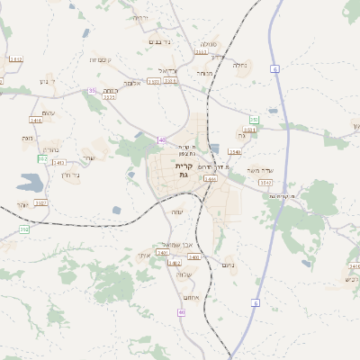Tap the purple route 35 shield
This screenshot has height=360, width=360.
coord(92,90)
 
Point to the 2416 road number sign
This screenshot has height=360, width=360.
coord(36,120)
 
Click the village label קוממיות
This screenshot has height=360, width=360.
coord(98,60)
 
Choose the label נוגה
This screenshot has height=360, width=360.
coord(27,138)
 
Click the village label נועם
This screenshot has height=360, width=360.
coord(228,265)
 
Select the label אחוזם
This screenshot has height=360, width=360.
coord(190,297)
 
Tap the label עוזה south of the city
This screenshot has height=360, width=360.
coord(177,212)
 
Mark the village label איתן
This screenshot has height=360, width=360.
coord(144,256)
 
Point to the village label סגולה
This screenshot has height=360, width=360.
coord(208,43)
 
